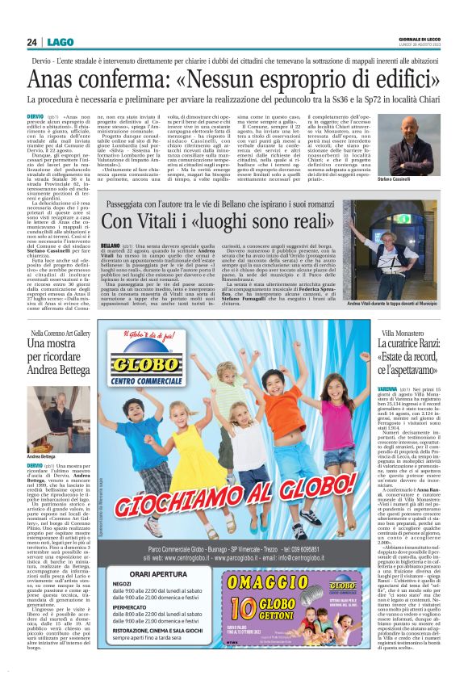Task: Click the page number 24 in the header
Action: (x=31, y=41)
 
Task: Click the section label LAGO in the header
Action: (x=60, y=41)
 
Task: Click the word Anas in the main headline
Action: (x=58, y=82)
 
